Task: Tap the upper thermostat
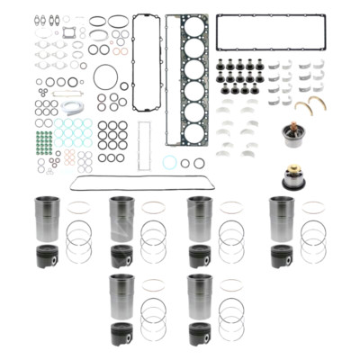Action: tap(292, 138)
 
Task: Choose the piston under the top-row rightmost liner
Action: tap(282, 256)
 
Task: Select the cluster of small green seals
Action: tap(43, 140)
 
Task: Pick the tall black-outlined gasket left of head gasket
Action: tap(146, 49)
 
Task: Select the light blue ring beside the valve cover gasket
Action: tap(169, 163)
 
